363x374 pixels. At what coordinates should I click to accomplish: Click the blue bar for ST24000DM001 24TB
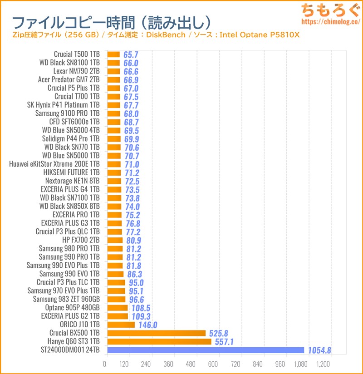tap(206, 350)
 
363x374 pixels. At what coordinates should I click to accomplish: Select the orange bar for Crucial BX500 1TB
tap(157, 333)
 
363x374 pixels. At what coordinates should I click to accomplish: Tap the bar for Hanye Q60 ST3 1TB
tap(159, 342)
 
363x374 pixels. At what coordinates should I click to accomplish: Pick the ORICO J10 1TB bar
tap(121, 325)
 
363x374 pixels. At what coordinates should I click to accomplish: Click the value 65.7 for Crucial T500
tap(130, 54)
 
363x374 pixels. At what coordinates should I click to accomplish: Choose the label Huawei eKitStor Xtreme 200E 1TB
tap(54, 164)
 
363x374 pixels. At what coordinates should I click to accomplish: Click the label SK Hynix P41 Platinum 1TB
tap(64, 105)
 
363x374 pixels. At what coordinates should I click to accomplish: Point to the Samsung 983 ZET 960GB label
tap(66, 299)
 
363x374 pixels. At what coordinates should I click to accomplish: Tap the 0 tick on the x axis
tap(105, 364)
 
